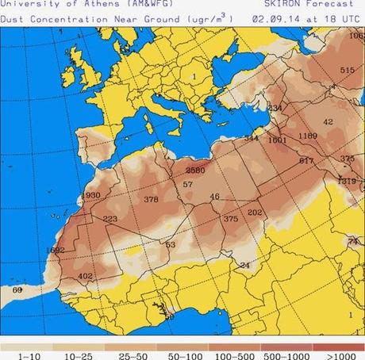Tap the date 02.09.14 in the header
(271, 17)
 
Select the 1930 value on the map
(91, 195)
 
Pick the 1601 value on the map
(277, 140)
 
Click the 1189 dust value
(307, 136)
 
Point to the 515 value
(346, 71)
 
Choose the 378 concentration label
(151, 200)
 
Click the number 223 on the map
(109, 220)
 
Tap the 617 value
(306, 161)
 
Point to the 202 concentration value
(255, 213)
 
